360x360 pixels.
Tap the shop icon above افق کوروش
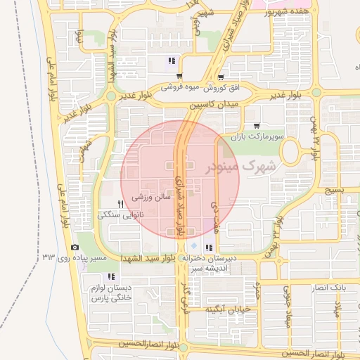click(x=221, y=77)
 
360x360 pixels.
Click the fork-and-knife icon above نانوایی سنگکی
click(x=120, y=203)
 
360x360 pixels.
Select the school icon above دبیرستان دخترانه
click(x=208, y=247)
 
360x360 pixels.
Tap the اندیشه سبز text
click(x=210, y=268)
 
